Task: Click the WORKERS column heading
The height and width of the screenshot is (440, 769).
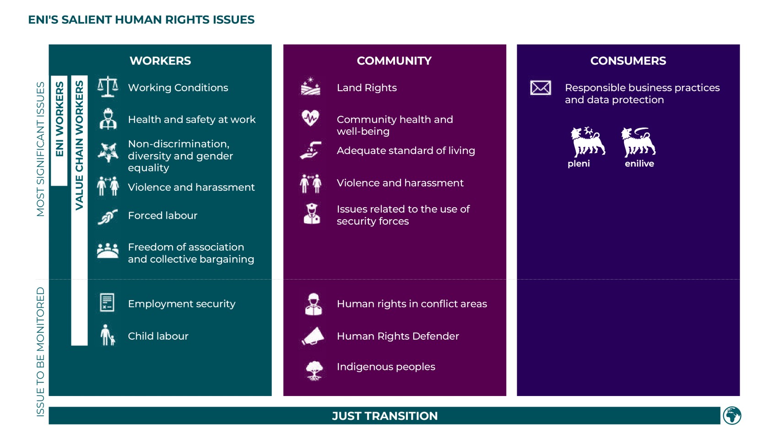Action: [x=160, y=61]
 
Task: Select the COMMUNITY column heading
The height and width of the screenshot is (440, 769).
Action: [x=394, y=61]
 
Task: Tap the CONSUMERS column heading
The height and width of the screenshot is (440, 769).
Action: [x=628, y=61]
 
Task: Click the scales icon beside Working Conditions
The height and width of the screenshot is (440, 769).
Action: [x=108, y=87]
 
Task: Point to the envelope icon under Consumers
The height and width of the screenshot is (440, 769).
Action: [x=541, y=88]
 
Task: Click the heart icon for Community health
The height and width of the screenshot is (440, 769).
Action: [x=310, y=118]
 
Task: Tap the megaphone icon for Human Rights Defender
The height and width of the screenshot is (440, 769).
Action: [x=313, y=336]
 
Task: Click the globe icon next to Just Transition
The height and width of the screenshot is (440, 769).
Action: [x=732, y=416]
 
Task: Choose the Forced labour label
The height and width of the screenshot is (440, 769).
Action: [x=162, y=215]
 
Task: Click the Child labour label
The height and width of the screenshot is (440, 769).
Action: [x=158, y=336]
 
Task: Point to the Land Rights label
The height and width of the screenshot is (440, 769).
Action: [x=367, y=88]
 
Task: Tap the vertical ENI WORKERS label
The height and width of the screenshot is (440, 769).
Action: [x=60, y=119]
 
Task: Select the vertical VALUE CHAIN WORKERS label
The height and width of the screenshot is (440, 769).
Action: [x=80, y=145]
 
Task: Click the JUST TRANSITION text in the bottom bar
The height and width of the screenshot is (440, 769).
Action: [x=384, y=416]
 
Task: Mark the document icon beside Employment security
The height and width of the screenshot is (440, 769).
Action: [x=107, y=302]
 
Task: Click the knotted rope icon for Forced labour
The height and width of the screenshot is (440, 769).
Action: [x=108, y=217]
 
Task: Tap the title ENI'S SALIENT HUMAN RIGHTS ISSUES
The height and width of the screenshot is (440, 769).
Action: [x=141, y=20]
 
